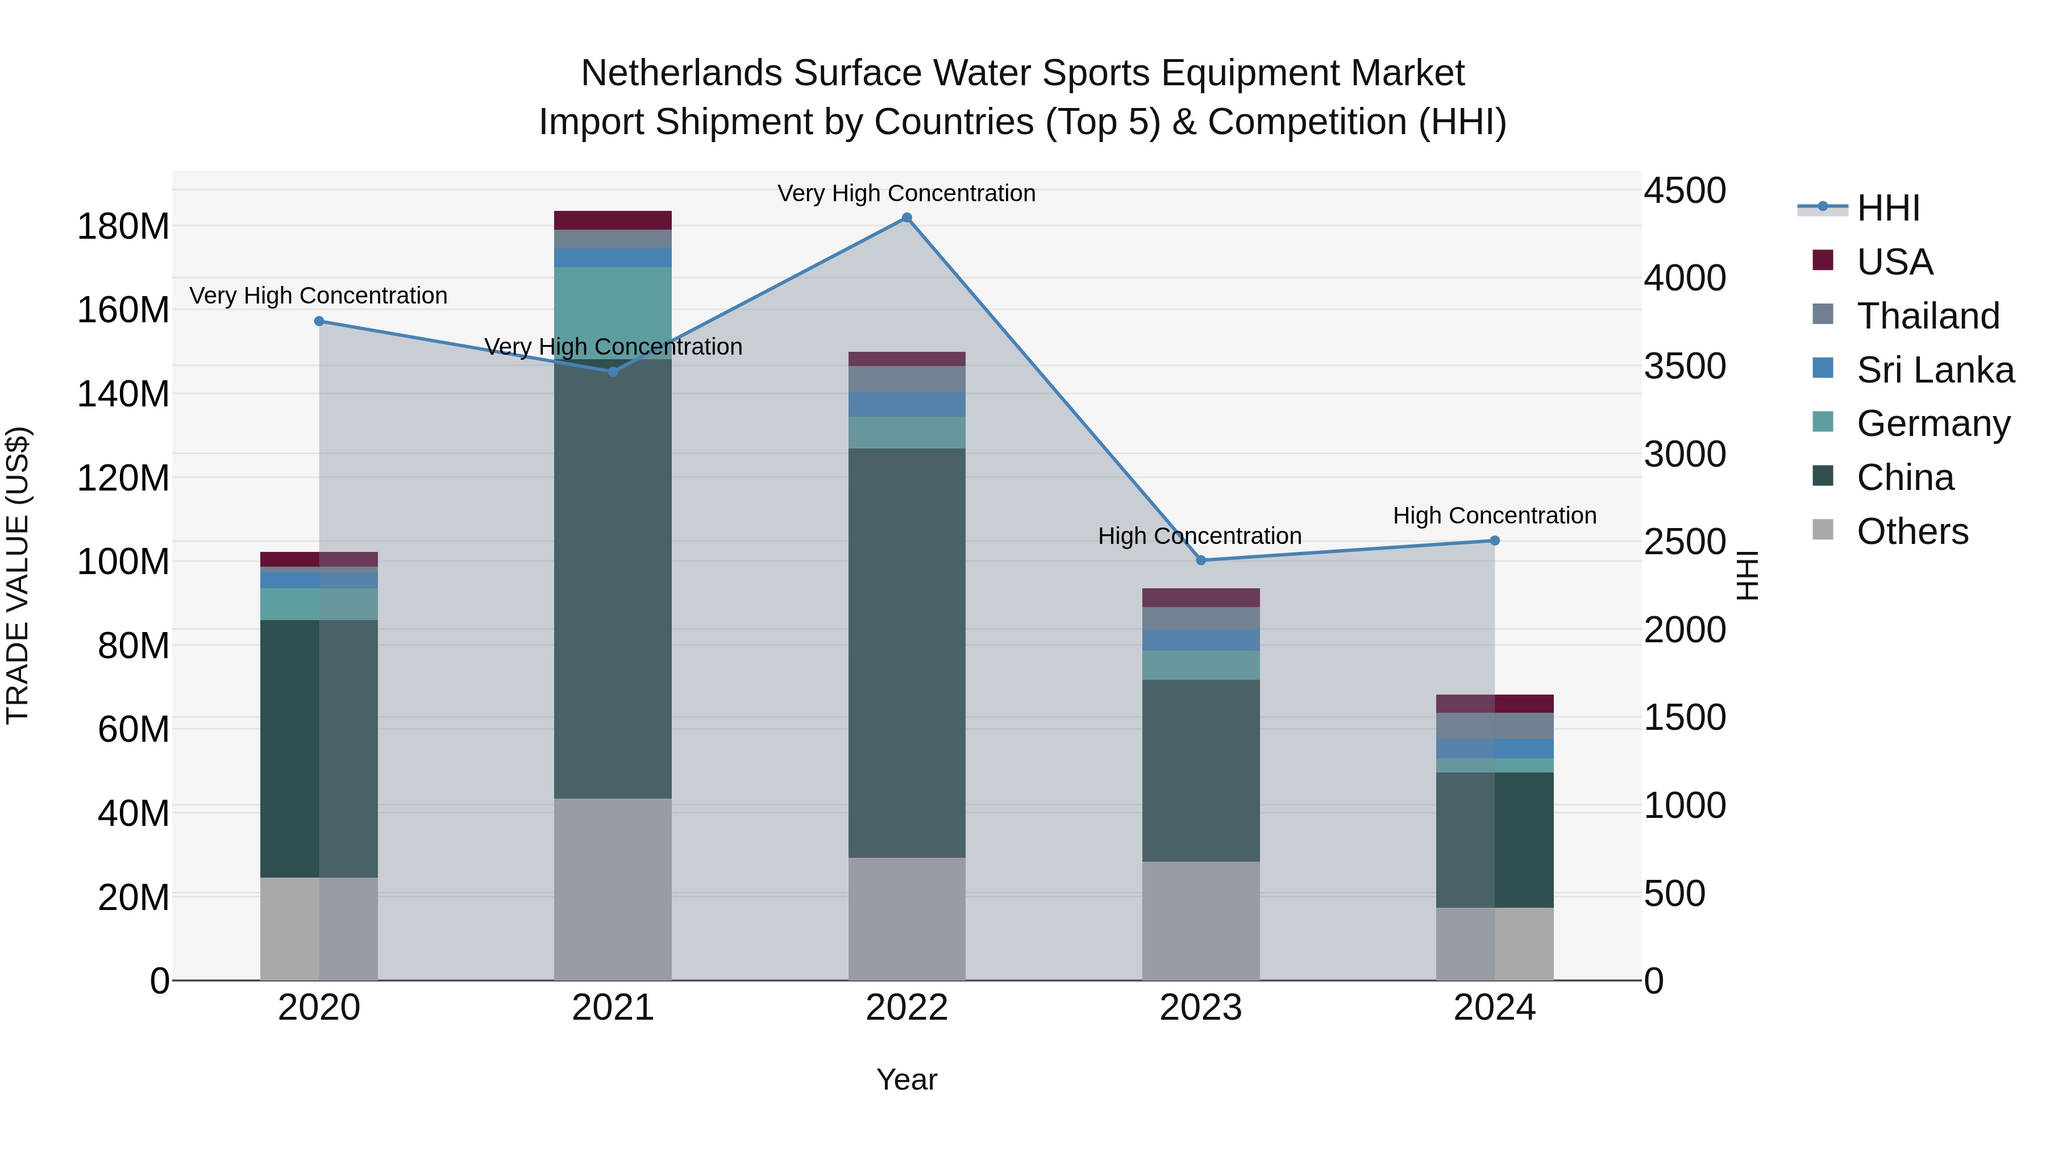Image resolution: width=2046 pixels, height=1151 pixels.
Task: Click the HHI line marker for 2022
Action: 906,218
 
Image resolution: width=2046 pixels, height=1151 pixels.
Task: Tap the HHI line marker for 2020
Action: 319,321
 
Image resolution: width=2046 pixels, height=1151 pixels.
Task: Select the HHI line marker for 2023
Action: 1200,560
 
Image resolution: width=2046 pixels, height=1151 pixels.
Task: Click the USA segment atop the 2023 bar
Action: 1200,597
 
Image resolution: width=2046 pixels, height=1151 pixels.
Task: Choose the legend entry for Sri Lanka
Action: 1935,369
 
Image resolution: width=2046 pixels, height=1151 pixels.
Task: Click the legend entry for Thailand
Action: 1927,315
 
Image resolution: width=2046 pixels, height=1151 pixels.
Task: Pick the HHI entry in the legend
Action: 1887,208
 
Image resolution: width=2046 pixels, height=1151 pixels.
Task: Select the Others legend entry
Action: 1912,531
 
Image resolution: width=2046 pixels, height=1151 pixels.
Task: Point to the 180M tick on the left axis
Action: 123,226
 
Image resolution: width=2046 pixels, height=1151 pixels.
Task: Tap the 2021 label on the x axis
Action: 612,1007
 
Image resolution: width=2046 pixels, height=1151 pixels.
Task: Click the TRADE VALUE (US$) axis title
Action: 18,575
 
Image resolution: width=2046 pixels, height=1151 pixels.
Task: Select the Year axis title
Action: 906,1079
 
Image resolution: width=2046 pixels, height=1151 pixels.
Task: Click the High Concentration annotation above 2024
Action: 1494,516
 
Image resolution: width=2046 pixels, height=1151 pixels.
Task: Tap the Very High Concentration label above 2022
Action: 906,193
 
